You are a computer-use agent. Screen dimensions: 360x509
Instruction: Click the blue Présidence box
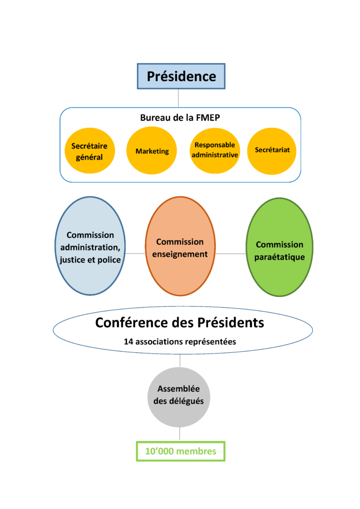coord(181,76)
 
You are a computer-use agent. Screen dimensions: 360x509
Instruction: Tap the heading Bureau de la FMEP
coord(180,117)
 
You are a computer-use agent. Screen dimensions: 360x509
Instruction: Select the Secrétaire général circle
coord(90,151)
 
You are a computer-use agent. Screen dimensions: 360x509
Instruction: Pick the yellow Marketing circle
coord(152,151)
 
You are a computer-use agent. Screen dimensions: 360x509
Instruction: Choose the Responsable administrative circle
coord(215,151)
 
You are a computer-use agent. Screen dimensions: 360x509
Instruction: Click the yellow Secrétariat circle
coord(271,151)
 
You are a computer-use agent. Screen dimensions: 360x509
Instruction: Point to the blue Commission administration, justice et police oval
coord(90,246)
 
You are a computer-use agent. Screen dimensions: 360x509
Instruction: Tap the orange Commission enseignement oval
coord(180,246)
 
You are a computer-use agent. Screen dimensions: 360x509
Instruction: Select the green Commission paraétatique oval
coord(279,247)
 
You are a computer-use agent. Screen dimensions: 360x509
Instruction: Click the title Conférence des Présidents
coord(180,323)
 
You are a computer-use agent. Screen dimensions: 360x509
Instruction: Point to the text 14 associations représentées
coord(180,341)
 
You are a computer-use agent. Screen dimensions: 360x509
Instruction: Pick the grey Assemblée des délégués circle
coord(179,397)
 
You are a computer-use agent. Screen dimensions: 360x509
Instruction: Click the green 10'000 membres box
coord(180,451)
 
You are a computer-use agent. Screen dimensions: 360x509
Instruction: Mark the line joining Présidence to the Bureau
coord(178,98)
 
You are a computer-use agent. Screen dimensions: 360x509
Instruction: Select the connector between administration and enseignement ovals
coord(135,253)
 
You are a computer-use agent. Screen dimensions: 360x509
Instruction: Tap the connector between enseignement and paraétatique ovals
coord(231,254)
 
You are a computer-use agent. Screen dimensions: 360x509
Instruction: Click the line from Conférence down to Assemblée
coord(180,360)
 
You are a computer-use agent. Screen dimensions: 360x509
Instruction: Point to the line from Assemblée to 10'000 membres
coord(180,434)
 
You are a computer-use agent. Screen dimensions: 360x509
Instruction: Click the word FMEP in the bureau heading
coord(208,117)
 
